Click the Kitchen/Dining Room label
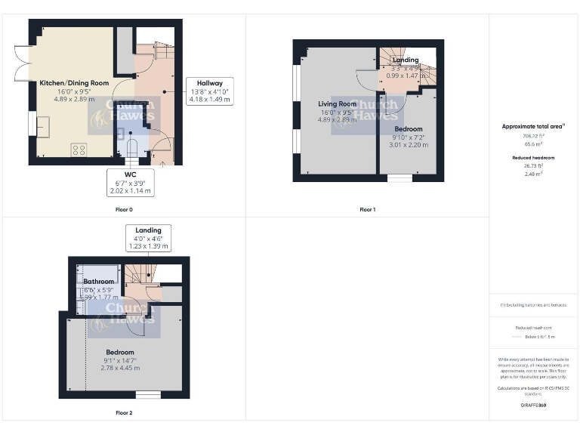click(x=74, y=82)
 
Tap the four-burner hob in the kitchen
click(x=79, y=149)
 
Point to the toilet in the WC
click(x=132, y=147)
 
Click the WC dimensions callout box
click(x=131, y=183)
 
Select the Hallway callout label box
click(x=209, y=91)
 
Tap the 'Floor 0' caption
click(x=124, y=209)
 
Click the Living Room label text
click(x=337, y=104)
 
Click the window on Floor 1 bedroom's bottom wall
click(x=400, y=178)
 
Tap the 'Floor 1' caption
click(x=368, y=209)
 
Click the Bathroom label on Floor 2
click(x=98, y=281)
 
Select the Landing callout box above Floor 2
click(x=148, y=238)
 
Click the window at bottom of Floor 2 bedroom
click(x=148, y=394)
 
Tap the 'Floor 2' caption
click(x=124, y=413)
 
